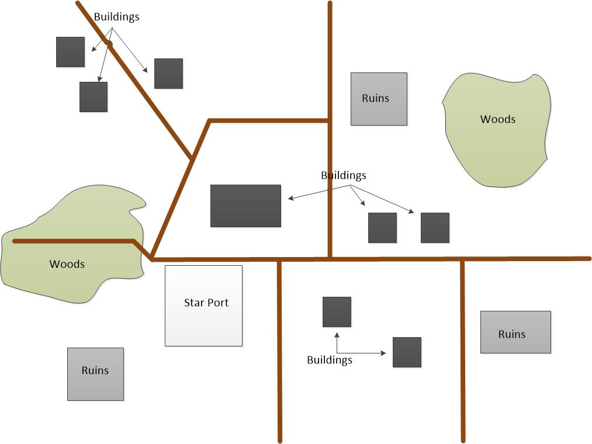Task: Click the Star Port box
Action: point(203,306)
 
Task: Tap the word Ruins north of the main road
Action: point(375,98)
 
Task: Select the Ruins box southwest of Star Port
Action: point(95,374)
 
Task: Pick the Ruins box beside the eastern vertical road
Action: point(515,332)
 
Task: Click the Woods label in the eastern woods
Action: point(498,119)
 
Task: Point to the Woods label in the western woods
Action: point(67,264)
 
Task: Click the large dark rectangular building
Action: point(245,206)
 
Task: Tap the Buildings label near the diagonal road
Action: point(117,17)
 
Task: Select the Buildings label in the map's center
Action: point(344,175)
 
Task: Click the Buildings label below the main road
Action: point(330,360)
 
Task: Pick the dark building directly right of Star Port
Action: point(337,312)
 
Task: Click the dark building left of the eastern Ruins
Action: point(407,352)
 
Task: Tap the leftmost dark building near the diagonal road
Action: point(71,52)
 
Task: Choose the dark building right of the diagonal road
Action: point(169,74)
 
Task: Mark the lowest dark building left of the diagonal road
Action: point(94,97)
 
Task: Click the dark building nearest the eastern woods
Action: point(435,228)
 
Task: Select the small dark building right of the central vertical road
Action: point(383,228)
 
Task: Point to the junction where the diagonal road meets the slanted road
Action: point(192,158)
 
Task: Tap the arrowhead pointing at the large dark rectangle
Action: point(290,199)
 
